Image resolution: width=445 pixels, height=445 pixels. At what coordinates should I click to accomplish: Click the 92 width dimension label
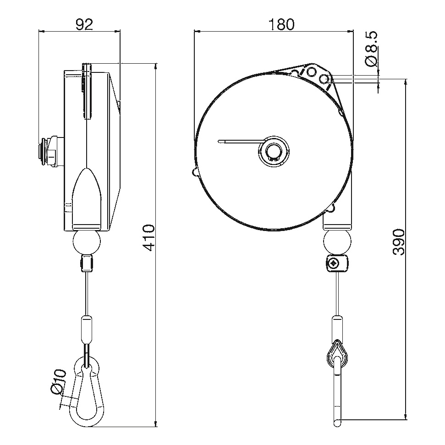click(85, 25)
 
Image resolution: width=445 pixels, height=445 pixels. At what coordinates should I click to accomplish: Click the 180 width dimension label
click(281, 25)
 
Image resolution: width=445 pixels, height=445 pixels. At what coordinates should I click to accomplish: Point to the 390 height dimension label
click(399, 242)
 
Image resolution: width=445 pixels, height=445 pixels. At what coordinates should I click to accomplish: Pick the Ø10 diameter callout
click(59, 382)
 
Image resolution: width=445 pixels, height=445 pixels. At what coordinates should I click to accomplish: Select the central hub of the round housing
click(274, 151)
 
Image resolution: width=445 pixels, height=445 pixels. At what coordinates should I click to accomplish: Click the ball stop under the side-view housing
click(87, 242)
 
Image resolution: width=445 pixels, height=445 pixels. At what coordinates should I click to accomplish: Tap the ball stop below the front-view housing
click(337, 242)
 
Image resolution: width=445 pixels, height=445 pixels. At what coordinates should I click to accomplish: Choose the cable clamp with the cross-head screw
click(337, 264)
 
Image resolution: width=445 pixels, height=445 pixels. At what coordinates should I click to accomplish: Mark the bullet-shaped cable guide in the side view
click(87, 197)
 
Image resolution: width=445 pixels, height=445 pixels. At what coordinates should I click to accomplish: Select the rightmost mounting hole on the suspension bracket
click(324, 78)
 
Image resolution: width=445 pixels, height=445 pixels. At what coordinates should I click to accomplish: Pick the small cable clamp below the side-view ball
click(87, 264)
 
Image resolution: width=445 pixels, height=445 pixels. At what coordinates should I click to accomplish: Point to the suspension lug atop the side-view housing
click(87, 90)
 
